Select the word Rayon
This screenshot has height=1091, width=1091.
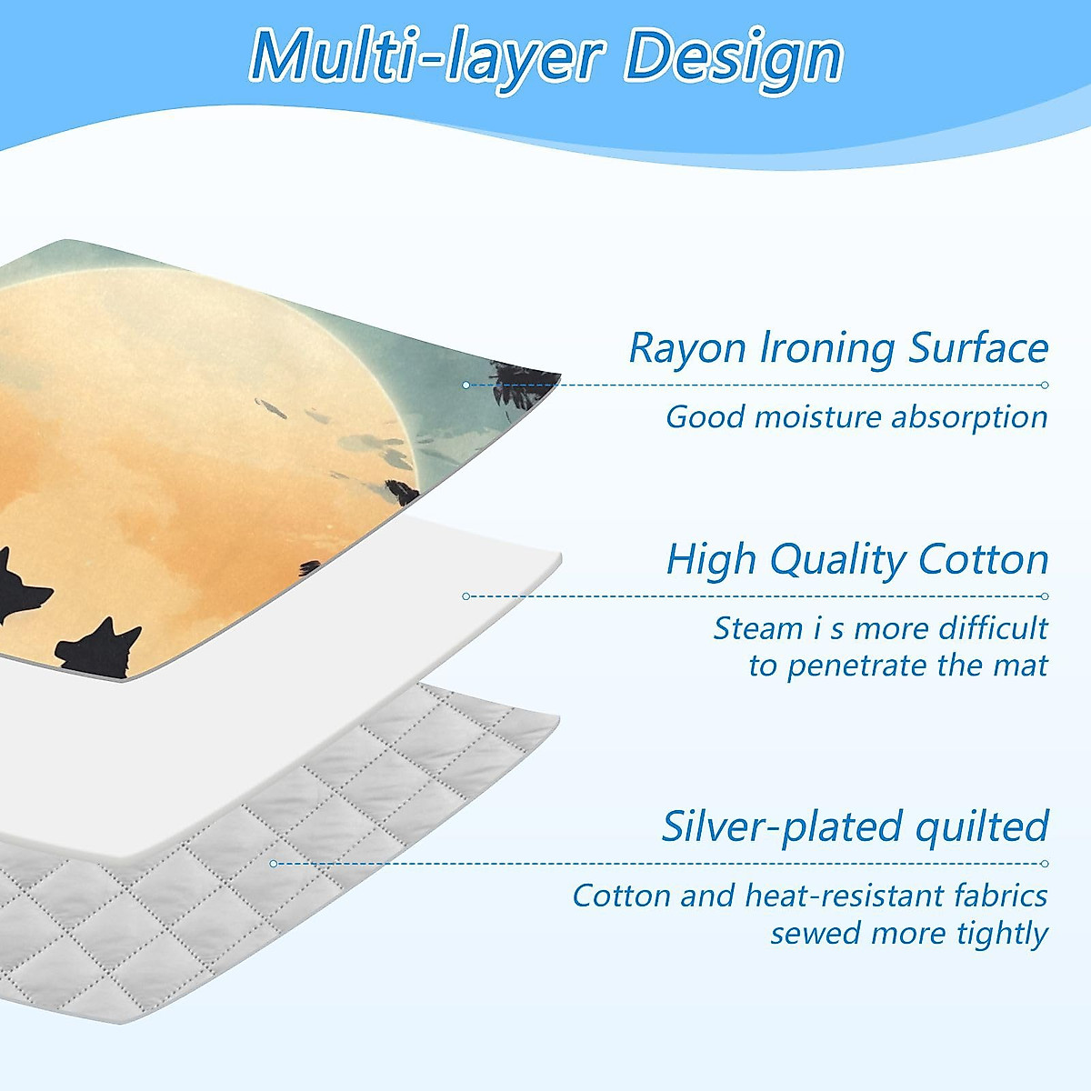pos(687,349)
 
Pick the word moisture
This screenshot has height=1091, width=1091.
pos(817,418)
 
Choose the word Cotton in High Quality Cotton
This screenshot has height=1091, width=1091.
pos(984,559)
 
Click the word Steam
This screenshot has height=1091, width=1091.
pos(757,628)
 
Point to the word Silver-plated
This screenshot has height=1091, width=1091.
pos(781,826)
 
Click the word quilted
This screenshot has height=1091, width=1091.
pos(982,826)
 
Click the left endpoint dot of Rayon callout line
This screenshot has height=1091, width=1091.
pos(466,385)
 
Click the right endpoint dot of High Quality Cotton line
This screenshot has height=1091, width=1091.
pos(1045,596)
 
